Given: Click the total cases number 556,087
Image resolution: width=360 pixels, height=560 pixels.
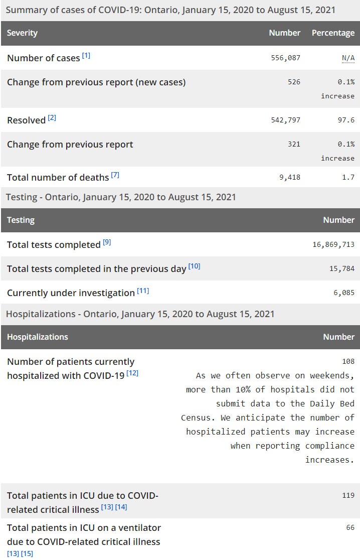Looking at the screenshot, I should pyautogui.click(x=285, y=58).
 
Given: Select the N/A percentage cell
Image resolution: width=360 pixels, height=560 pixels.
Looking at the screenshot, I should pyautogui.click(x=348, y=58).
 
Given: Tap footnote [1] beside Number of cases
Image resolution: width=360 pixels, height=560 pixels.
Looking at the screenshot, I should pyautogui.click(x=86, y=56).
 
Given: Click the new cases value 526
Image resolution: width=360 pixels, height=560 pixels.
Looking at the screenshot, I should pyautogui.click(x=294, y=82).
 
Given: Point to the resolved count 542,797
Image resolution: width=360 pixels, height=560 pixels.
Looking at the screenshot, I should pyautogui.click(x=285, y=120).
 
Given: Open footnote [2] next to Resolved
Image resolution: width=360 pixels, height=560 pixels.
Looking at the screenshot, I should pyautogui.click(x=52, y=118).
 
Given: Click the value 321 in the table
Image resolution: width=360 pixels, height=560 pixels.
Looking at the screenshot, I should pyautogui.click(x=294, y=144).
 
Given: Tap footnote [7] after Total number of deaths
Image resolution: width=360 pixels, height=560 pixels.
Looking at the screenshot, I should pyautogui.click(x=115, y=175).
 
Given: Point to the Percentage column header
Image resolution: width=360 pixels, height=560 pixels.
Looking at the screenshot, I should pyautogui.click(x=333, y=33).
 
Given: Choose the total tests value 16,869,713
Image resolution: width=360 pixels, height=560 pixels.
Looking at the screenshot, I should pyautogui.click(x=333, y=244).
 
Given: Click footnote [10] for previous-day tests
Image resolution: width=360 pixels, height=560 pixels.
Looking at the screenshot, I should pyautogui.click(x=194, y=266).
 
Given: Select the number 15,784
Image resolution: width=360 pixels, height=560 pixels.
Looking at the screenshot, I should pyautogui.click(x=341, y=268).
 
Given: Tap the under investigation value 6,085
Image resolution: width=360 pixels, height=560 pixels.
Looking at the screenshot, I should pyautogui.click(x=343, y=293).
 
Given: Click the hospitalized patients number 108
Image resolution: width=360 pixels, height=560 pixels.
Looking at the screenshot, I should pyautogui.click(x=348, y=361).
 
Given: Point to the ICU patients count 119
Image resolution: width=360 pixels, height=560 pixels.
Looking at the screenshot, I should pyautogui.click(x=348, y=495).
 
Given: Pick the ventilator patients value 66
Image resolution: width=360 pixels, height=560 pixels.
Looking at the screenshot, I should pyautogui.click(x=350, y=527).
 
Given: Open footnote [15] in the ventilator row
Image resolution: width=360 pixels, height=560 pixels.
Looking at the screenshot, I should pyautogui.click(x=27, y=553).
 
